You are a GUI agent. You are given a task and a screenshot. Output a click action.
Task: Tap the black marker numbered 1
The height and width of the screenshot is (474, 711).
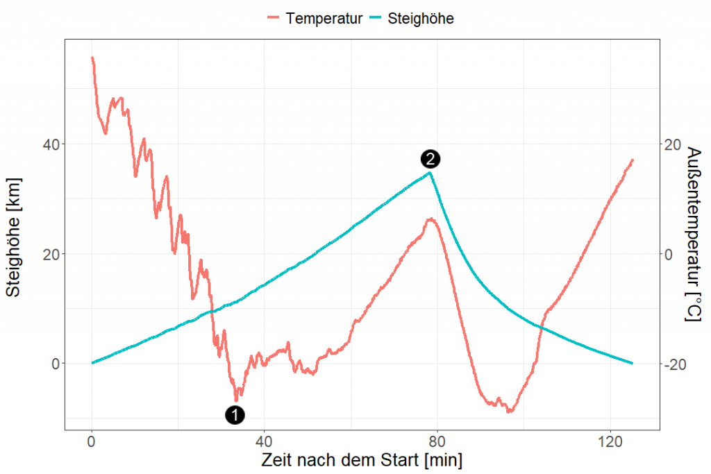pyautogui.click(x=235, y=415)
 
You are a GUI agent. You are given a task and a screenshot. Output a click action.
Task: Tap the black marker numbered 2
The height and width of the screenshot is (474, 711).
pyautogui.click(x=430, y=159)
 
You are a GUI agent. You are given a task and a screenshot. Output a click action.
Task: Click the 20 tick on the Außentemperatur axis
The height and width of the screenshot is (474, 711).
pyautogui.click(x=674, y=144)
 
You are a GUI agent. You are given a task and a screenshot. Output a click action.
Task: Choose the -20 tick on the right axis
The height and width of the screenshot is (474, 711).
pyautogui.click(x=676, y=364)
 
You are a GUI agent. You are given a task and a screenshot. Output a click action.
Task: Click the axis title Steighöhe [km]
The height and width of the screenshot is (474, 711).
pyautogui.click(x=15, y=237)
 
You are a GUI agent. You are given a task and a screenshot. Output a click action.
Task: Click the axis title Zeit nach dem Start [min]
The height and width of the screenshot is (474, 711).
pyautogui.click(x=361, y=460)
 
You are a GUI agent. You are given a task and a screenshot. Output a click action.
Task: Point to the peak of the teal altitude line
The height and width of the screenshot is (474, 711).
pyautogui.click(x=430, y=173)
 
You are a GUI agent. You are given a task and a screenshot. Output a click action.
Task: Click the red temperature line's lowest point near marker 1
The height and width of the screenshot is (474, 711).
pyautogui.click(x=236, y=400)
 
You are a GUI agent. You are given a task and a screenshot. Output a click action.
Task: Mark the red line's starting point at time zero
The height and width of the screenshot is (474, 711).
pyautogui.click(x=92, y=58)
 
